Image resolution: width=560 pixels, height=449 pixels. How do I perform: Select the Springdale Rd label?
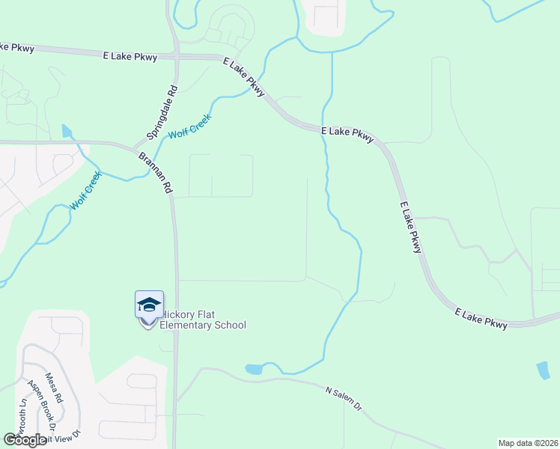[162, 112]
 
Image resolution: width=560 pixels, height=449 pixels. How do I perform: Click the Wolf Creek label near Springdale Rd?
[190, 126]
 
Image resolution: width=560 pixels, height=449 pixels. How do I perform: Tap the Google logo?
[25, 440]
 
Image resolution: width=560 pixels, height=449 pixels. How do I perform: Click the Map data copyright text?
[528, 443]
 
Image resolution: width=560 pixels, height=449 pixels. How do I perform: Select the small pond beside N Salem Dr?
[254, 369]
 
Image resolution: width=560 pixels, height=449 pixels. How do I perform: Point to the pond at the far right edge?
[543, 370]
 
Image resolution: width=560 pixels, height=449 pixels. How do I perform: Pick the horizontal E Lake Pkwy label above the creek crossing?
[347, 135]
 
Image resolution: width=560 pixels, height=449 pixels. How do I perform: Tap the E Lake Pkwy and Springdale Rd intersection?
[177, 56]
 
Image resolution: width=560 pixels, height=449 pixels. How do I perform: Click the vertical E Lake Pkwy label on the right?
[411, 227]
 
